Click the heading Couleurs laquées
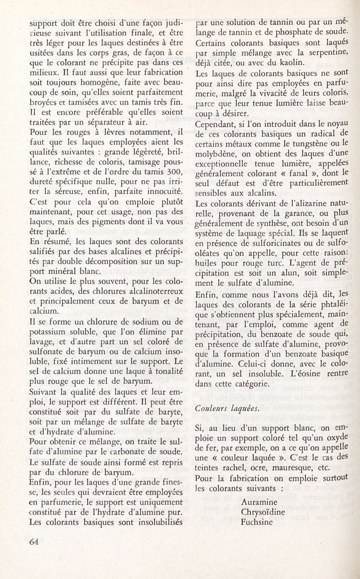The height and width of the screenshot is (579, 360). coord(222,407)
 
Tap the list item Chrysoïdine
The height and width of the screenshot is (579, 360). coord(264,512)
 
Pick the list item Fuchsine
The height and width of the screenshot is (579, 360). coord(257,523)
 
